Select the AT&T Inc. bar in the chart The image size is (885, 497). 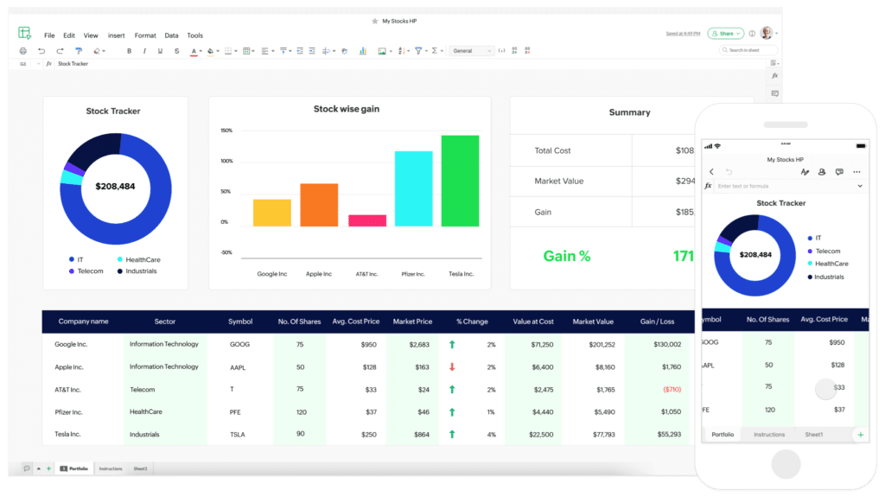[x=366, y=220]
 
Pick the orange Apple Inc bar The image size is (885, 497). [x=319, y=205]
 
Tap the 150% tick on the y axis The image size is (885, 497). [x=226, y=131]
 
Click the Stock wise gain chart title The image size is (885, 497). [x=346, y=109]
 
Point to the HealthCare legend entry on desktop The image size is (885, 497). [x=143, y=259]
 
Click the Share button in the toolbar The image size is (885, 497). [x=725, y=34]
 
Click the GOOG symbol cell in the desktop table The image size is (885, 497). [x=239, y=344]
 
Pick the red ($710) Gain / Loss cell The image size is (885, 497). [x=672, y=390]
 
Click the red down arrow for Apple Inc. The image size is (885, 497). [x=451, y=366]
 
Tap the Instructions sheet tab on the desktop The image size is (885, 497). [x=111, y=468]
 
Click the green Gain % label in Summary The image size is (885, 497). [x=566, y=256]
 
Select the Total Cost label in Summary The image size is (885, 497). [x=552, y=150]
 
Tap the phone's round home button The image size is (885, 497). [x=786, y=463]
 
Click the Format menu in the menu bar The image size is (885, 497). [x=145, y=35]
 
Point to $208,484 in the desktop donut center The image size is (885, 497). [x=114, y=186]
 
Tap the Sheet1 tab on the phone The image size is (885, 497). [x=813, y=434]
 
